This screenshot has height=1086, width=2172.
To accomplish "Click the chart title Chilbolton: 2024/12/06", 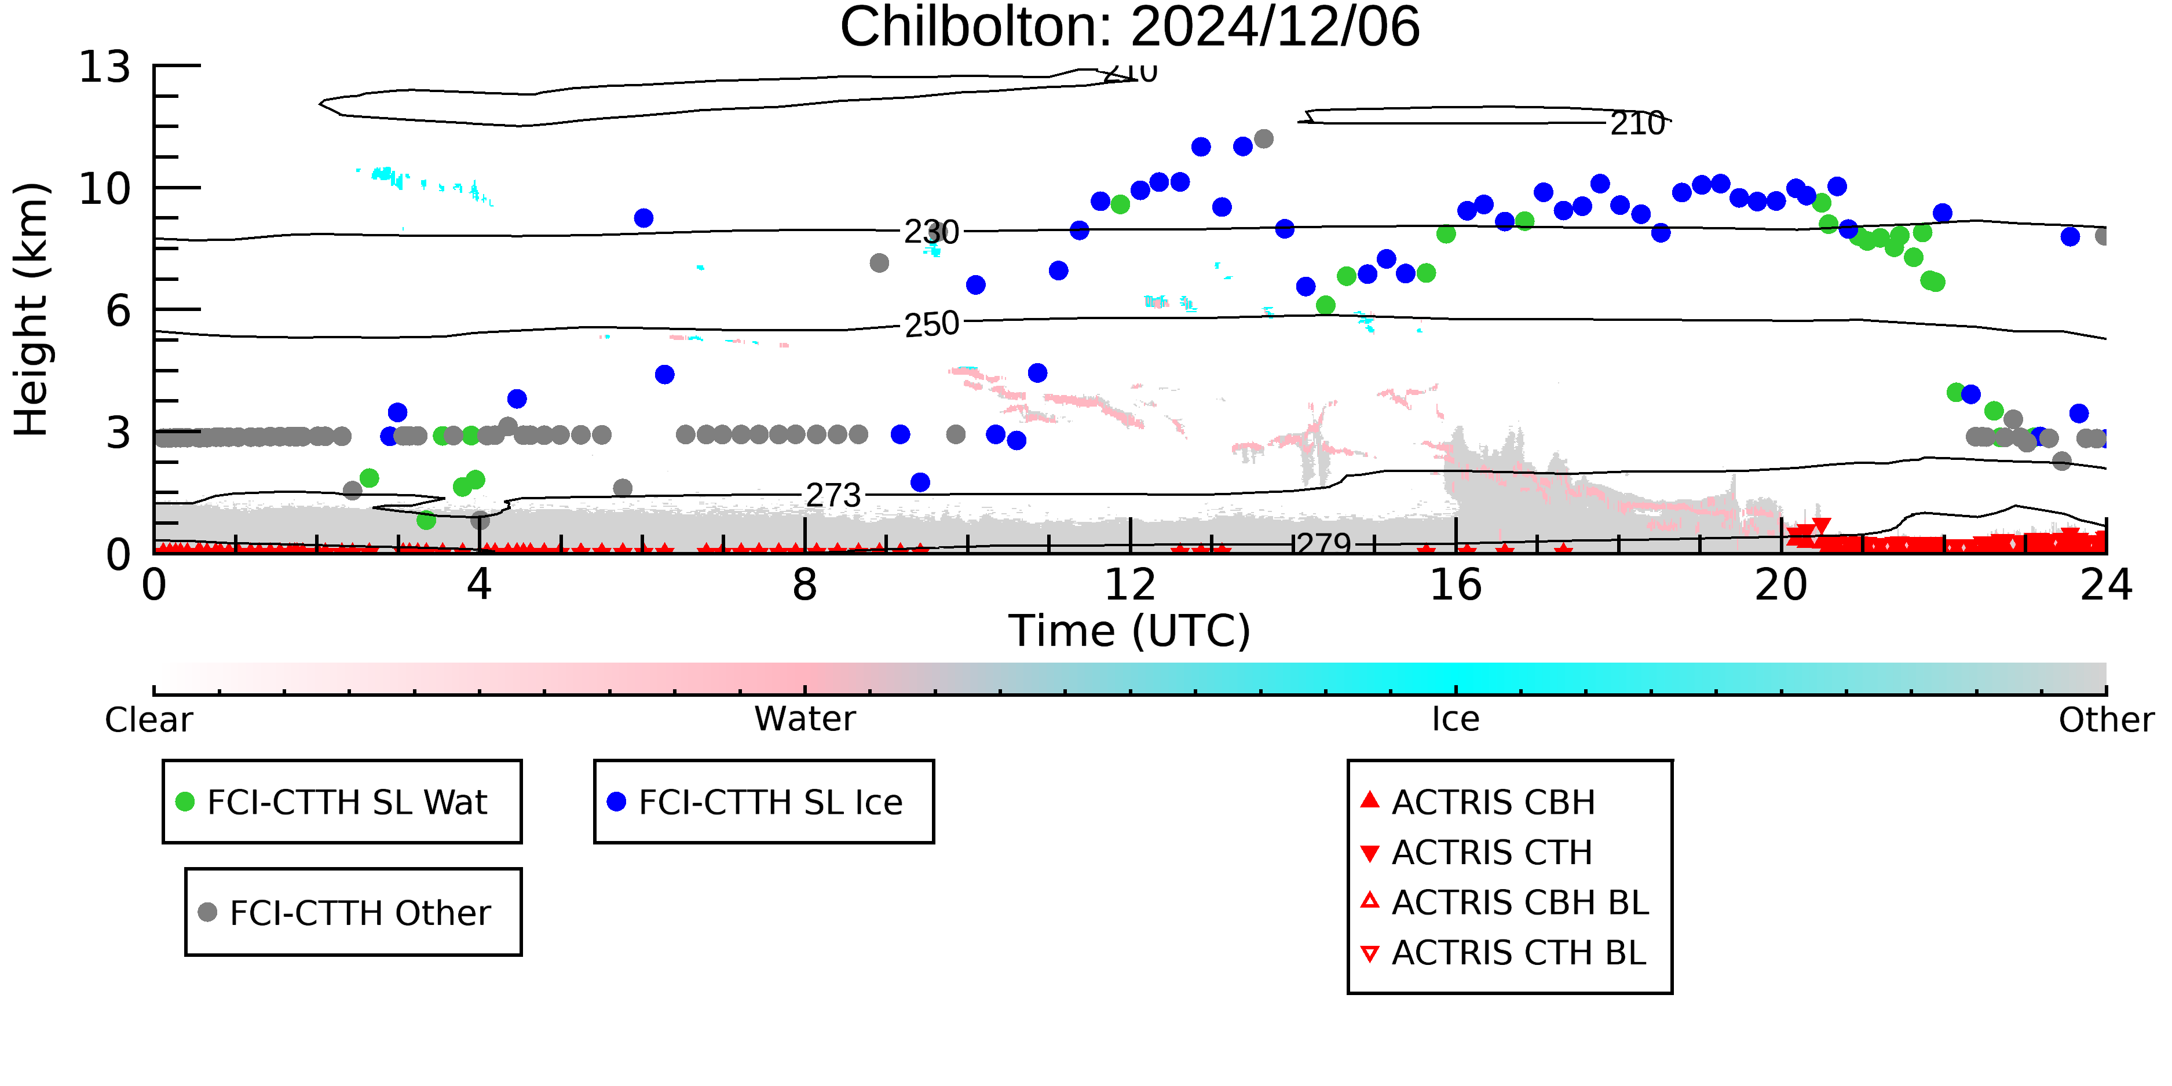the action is coord(1130,27).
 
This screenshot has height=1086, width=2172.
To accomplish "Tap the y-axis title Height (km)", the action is coord(31,309).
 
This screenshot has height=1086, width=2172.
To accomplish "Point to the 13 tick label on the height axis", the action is coord(105,67).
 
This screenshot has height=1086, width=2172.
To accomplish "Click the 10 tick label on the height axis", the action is coord(105,189).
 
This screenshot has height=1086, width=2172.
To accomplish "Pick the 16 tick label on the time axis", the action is coord(1456,584).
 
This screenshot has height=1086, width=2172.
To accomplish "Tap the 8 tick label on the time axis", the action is coord(805,584).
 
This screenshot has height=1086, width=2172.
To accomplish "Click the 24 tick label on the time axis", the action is coord(2106,584).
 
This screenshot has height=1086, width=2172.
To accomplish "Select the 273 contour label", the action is coord(833,495).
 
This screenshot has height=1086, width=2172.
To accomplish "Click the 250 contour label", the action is coord(932,324).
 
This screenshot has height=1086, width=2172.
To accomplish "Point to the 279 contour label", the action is coord(1325,544).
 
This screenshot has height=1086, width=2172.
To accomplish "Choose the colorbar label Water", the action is coord(805,719).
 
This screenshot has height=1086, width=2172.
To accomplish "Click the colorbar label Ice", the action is coord(1456,719).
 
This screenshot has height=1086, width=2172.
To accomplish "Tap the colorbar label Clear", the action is coord(148,720).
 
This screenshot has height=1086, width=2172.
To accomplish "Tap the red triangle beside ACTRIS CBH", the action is coord(1370,799).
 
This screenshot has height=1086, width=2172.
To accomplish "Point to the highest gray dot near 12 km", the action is coord(1263,138).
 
